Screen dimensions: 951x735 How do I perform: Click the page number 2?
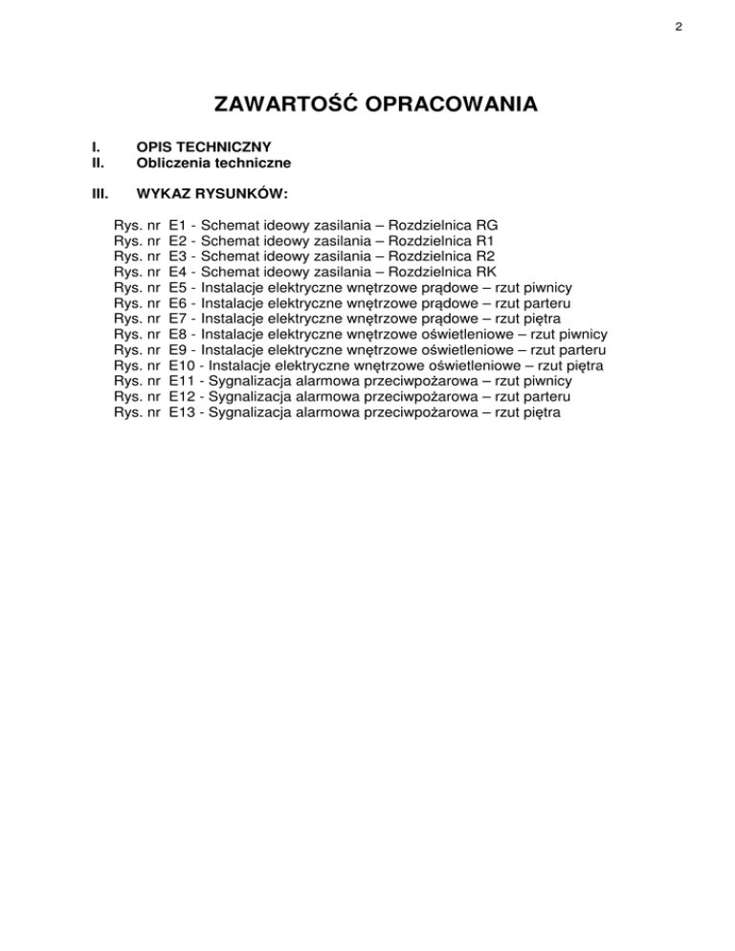[677, 27]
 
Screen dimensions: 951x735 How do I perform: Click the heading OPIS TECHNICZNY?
[205, 147]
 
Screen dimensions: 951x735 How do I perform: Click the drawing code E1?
[177, 225]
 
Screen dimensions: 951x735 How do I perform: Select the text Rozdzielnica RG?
[446, 225]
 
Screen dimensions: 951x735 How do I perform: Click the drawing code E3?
[177, 256]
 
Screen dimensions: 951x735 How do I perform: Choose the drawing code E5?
[177, 287]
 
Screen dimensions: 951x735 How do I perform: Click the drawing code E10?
[181, 365]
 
